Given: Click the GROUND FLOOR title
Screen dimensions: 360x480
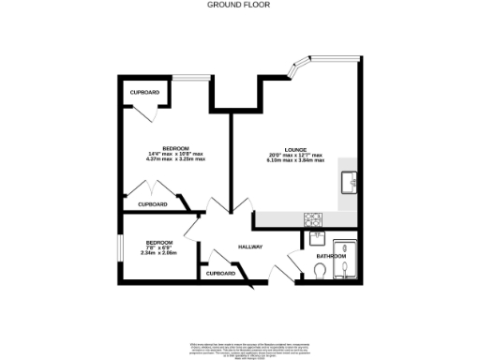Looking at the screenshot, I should tap(239, 5).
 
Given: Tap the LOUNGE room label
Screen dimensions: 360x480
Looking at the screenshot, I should tap(296, 148).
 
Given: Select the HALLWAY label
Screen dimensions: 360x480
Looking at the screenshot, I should tap(248, 247).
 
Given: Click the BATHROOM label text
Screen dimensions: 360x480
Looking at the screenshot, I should tap(330, 256).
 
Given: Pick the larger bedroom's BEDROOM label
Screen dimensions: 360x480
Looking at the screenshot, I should tap(176, 148).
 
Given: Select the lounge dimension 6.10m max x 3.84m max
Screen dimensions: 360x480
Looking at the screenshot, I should tap(296, 160).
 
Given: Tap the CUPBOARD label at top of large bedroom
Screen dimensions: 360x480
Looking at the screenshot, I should tap(144, 93).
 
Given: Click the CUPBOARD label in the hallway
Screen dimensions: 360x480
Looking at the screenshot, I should tap(220, 273).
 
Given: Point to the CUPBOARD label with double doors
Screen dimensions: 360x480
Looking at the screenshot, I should tap(153, 204).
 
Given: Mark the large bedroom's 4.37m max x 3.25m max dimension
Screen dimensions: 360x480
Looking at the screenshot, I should tap(176, 160).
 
